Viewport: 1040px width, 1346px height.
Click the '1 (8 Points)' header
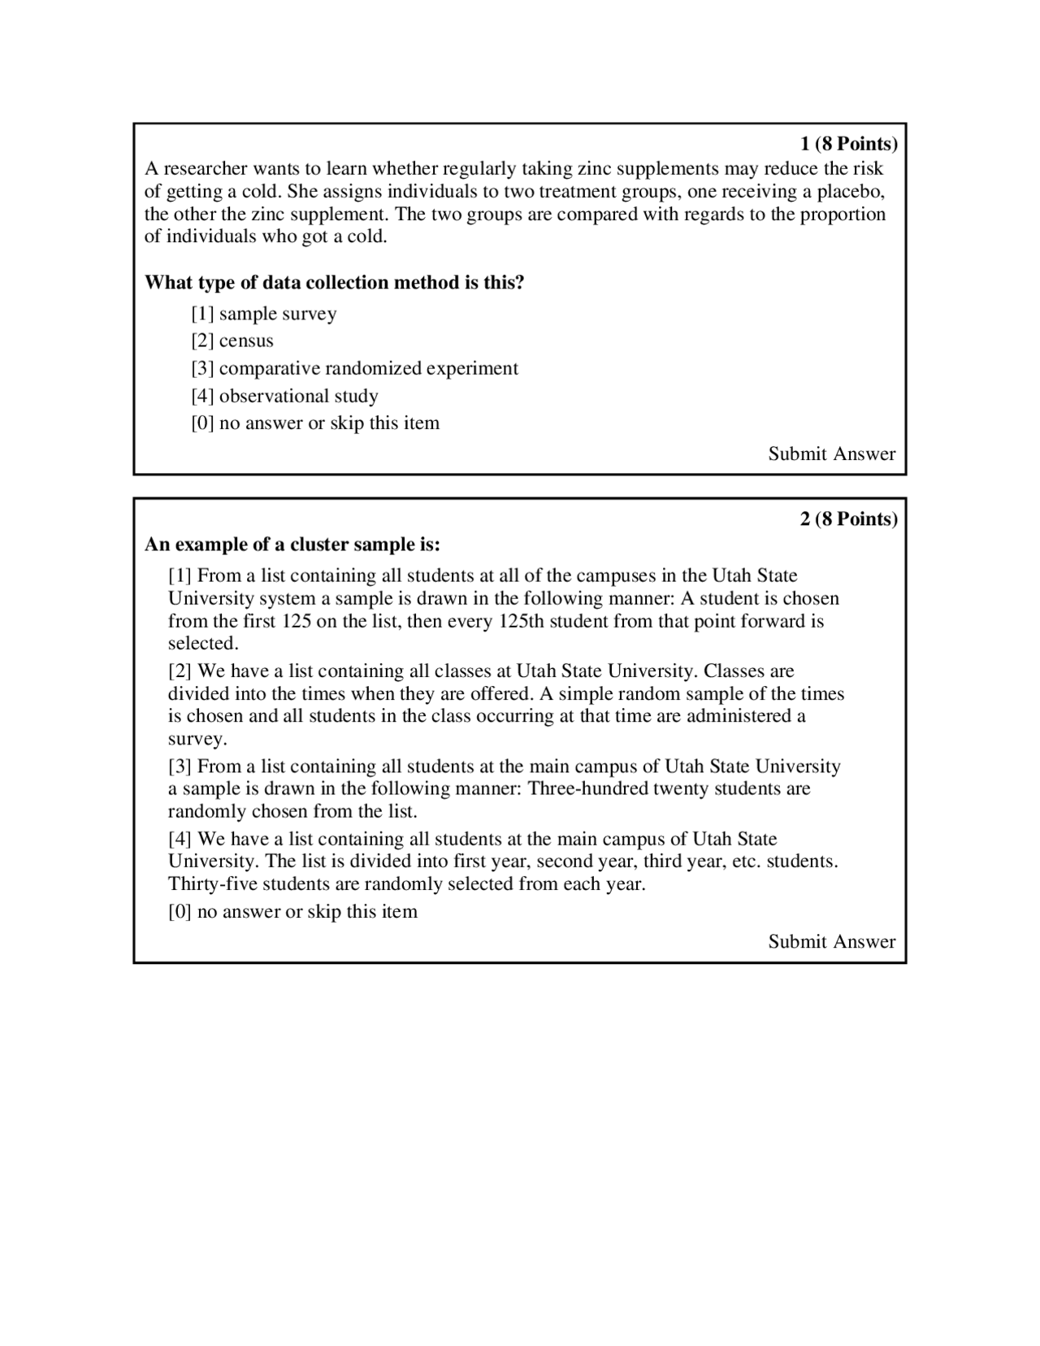pyautogui.click(x=848, y=144)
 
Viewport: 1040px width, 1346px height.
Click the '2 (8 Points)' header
pyautogui.click(x=848, y=519)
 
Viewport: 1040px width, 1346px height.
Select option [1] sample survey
pyautogui.click(x=264, y=314)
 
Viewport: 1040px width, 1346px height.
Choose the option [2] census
pyautogui.click(x=232, y=341)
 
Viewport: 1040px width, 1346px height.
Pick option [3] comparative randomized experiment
pyautogui.click(x=354, y=368)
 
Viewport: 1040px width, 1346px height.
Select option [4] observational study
pyautogui.click(x=284, y=396)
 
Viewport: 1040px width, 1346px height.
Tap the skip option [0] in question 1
pyautogui.click(x=315, y=423)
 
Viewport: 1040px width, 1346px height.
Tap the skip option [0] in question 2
pyautogui.click(x=292, y=911)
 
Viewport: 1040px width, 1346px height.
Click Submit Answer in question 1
pyautogui.click(x=831, y=454)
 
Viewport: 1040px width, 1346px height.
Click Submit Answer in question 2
pyautogui.click(x=831, y=941)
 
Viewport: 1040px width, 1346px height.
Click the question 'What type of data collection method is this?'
pyautogui.click(x=334, y=283)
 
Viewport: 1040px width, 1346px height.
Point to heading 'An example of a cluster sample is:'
pyautogui.click(x=292, y=544)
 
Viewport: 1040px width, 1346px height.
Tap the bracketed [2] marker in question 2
pyautogui.click(x=180, y=671)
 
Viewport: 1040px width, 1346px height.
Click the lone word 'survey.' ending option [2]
pyautogui.click(x=197, y=739)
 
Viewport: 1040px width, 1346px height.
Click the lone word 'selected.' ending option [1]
pyautogui.click(x=203, y=643)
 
